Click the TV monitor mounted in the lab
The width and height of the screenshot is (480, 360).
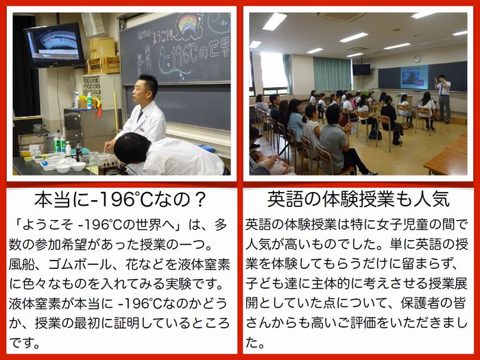click(x=54, y=45)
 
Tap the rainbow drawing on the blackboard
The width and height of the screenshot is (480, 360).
click(x=188, y=24)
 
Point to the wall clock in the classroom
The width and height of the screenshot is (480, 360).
click(x=417, y=59)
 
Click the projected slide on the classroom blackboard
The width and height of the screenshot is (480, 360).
click(x=414, y=77)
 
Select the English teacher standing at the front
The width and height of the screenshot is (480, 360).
click(x=443, y=98)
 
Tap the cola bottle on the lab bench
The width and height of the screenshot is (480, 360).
click(x=79, y=151)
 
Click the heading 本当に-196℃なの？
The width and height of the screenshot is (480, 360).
click(x=120, y=200)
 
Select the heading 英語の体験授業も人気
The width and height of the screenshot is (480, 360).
click(x=359, y=200)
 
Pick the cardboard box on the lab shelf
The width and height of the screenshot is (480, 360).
click(x=103, y=64)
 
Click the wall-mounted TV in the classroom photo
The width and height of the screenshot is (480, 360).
click(x=361, y=69)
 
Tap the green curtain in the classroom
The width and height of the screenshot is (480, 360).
click(x=332, y=74)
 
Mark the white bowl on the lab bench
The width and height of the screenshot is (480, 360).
click(x=78, y=166)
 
